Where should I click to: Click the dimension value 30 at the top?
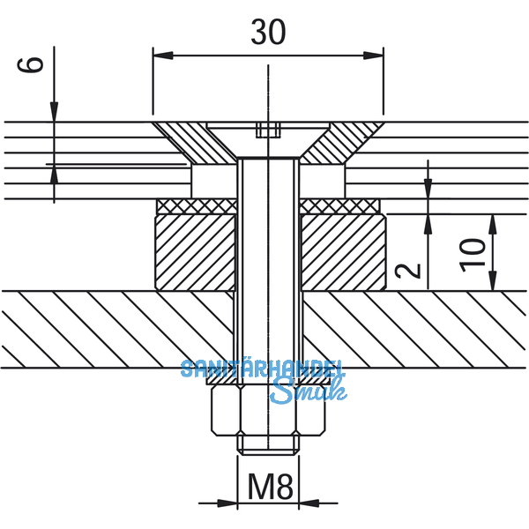(268, 33)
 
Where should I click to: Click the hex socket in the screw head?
(268, 131)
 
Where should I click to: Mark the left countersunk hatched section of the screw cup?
(190, 141)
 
